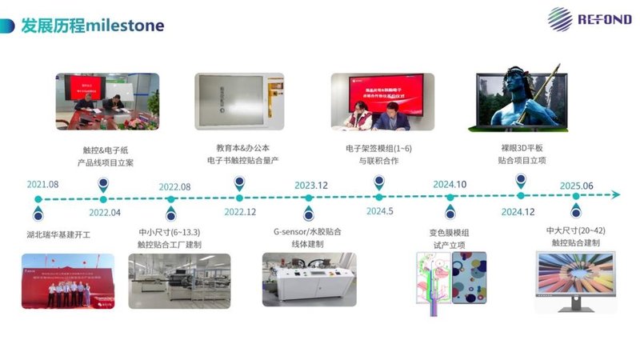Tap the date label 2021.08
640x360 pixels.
click(x=42, y=185)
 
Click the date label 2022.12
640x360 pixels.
click(x=239, y=212)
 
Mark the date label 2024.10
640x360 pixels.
click(x=450, y=185)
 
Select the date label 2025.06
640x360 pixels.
click(x=576, y=186)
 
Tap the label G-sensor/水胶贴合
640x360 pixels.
click(x=308, y=232)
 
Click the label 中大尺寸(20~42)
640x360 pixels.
click(x=576, y=232)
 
